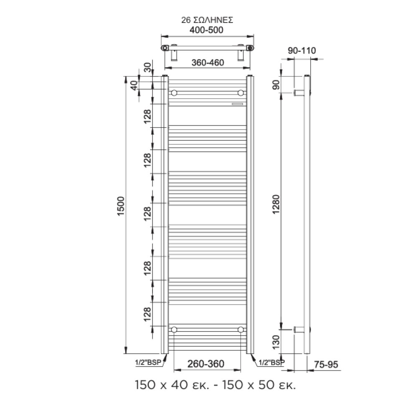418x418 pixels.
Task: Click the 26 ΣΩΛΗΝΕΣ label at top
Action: coord(207,20)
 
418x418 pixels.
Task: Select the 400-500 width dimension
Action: coord(206,30)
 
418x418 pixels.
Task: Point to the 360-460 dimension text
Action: coord(208,63)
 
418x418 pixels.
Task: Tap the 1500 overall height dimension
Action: coord(121,206)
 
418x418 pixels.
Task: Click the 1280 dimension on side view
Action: coord(276,204)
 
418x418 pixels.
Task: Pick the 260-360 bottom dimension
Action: coord(206,364)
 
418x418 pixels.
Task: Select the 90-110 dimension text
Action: coord(302,51)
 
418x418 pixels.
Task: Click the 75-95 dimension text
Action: coord(326,364)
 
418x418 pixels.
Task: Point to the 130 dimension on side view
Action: coord(276,342)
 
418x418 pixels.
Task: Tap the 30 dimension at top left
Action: coord(148,67)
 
